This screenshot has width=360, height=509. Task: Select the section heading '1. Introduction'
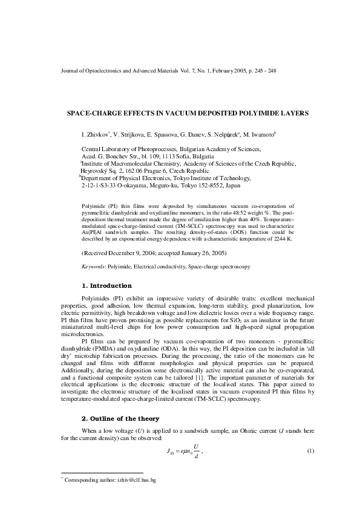click(x=106, y=285)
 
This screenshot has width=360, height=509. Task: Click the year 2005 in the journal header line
click(x=236, y=71)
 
